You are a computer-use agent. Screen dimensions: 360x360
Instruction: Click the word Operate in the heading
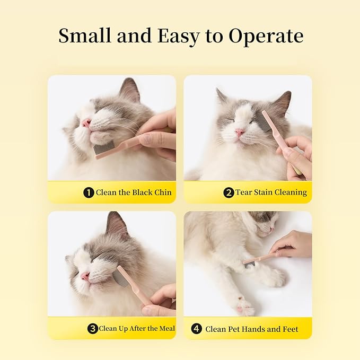(x=266, y=36)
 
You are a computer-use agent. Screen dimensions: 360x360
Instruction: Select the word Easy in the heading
(x=178, y=37)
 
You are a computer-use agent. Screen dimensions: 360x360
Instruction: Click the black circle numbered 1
(x=89, y=192)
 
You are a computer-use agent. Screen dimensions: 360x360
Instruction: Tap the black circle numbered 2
(x=229, y=192)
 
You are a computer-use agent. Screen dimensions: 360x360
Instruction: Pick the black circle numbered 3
(x=93, y=329)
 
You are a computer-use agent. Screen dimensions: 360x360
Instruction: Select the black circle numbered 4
(x=197, y=329)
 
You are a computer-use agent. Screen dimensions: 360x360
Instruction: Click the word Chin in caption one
(x=163, y=192)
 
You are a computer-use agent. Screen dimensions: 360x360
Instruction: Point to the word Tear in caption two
(x=243, y=192)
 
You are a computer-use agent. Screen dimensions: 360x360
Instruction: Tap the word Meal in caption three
(x=167, y=329)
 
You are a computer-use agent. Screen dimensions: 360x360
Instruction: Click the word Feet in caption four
(x=290, y=329)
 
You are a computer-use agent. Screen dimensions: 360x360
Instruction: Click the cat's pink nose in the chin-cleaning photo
(x=86, y=123)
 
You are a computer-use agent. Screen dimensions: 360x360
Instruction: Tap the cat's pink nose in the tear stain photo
(x=239, y=133)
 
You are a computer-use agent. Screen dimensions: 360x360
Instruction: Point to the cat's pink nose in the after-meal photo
(x=85, y=276)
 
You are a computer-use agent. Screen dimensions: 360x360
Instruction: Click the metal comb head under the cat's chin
(x=104, y=148)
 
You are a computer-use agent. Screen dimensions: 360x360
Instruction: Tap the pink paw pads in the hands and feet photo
(x=243, y=305)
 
